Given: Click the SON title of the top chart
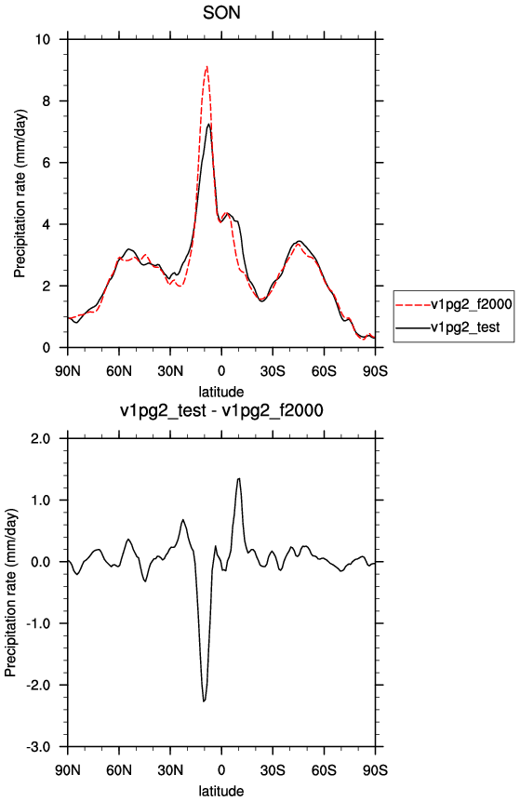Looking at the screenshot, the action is pos(221,12).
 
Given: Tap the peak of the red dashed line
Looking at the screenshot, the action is pos(207,66).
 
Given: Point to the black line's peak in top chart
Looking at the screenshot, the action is pos(209,124).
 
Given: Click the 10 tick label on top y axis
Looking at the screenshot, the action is pos(44,39).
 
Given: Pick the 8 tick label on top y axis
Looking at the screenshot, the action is pos(47,101).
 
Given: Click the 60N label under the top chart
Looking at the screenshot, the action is pos(119,371).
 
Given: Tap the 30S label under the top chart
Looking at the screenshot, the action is pos(273,371).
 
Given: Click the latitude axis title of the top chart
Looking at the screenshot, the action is pos(221,392).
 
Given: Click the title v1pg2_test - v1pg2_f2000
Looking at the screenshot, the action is pos(221,410).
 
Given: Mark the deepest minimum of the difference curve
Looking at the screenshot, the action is pos(204,701).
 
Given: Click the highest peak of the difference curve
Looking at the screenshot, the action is pos(238,478).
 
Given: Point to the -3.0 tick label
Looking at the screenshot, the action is pos(39,747).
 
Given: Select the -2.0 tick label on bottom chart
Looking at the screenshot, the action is pos(39,685).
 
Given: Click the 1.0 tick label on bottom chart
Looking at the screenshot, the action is pos(41,501).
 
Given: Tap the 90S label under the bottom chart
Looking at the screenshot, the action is pos(376,770).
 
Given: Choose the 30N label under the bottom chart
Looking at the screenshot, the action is pos(170,770).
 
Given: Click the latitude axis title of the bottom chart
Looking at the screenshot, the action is pos(221,791).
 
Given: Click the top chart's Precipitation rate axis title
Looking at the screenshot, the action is pos(20,194).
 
